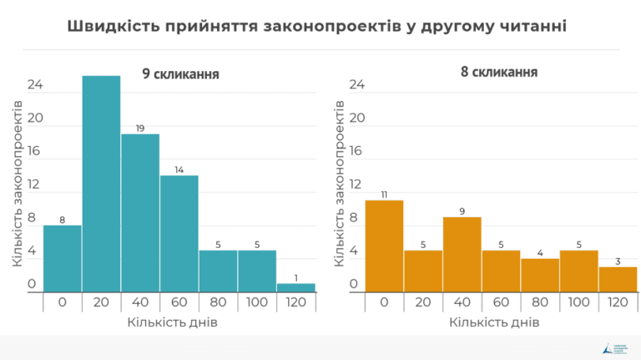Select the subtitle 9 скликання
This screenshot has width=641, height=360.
(180, 74)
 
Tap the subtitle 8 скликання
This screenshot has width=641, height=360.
(498, 72)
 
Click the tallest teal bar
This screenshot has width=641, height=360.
(101, 184)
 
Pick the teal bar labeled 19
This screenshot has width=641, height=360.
(140, 213)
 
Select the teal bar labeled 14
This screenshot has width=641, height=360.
(179, 234)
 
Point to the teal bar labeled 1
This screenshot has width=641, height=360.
(295, 287)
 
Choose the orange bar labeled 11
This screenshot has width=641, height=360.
(385, 246)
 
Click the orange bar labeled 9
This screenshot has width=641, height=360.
(462, 255)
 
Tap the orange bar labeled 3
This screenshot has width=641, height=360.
(618, 280)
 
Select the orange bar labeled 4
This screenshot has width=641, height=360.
(540, 276)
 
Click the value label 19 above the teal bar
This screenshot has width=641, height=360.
(140, 128)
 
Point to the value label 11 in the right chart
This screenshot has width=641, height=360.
(385, 195)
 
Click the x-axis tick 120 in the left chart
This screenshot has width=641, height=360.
(295, 302)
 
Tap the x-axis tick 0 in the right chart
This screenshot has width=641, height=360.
(385, 302)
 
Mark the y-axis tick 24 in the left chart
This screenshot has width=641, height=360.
(34, 85)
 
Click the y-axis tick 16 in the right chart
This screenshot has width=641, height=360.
(356, 151)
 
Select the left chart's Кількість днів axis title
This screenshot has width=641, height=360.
(173, 322)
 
